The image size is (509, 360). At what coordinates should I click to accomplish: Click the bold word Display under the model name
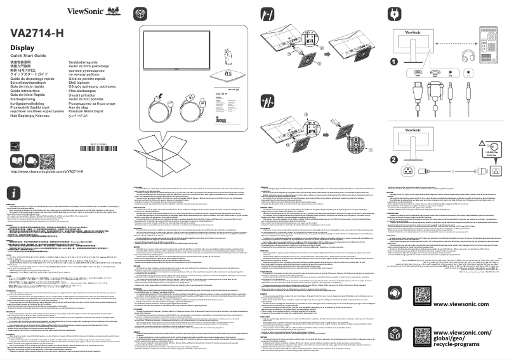(22, 48)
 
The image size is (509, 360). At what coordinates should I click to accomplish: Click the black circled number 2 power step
(395, 159)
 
